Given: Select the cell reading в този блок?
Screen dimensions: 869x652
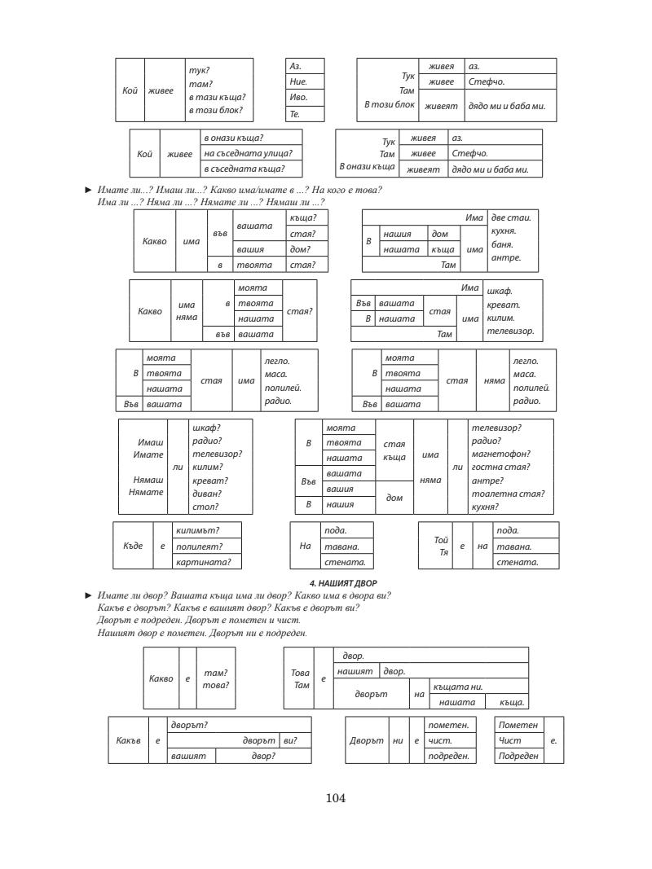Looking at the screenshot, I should [x=215, y=110].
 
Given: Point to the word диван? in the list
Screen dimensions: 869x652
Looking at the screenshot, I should [x=205, y=494].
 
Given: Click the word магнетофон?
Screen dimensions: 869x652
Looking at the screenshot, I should [x=500, y=454].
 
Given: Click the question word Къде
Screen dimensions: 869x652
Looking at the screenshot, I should [x=132, y=546].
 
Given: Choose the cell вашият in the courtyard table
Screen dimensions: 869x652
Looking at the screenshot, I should [x=189, y=757].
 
